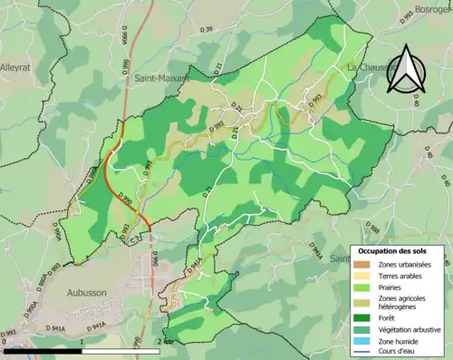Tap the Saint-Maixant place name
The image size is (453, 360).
click(x=161, y=79)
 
